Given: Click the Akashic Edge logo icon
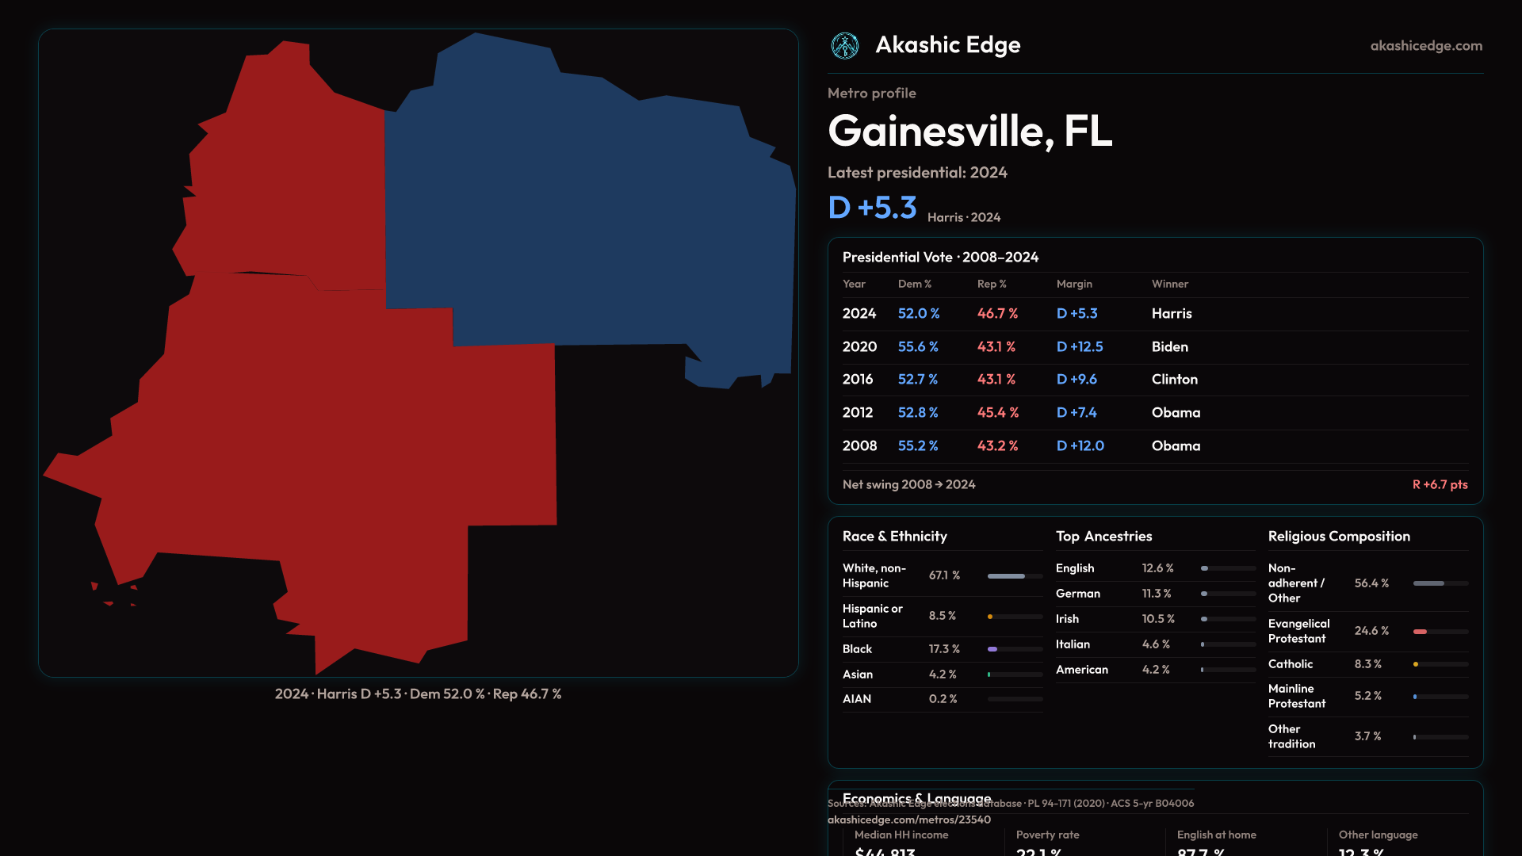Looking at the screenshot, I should pos(844,46).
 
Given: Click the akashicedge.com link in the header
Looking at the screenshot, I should pos(1425,46).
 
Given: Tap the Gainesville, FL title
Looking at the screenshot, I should pos(969,131).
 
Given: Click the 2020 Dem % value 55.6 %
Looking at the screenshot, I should pos(918,346).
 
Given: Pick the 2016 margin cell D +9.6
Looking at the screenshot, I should pos(1076,380).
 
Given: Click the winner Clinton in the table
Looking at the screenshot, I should pos(1174,380).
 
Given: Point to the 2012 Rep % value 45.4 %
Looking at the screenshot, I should pos(997,413).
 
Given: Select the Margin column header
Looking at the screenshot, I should pos(1074,284).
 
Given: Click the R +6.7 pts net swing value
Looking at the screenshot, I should pos(1440,484).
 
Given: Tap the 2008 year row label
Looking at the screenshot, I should pos(859,446).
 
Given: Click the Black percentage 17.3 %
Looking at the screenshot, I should pos(944,649).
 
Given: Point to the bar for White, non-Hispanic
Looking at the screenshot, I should pos(1015,576).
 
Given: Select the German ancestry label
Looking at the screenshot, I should pos(1078,594).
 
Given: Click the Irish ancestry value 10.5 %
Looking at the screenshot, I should pos(1158,619).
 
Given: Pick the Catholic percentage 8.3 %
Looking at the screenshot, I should pos(1367,664).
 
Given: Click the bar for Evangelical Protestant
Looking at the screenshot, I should pos(1440,632).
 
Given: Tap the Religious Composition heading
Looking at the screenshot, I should pos(1339,537).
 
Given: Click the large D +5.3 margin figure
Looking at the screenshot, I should pos(872,208).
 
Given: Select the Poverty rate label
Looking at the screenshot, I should pos(1047,835).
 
